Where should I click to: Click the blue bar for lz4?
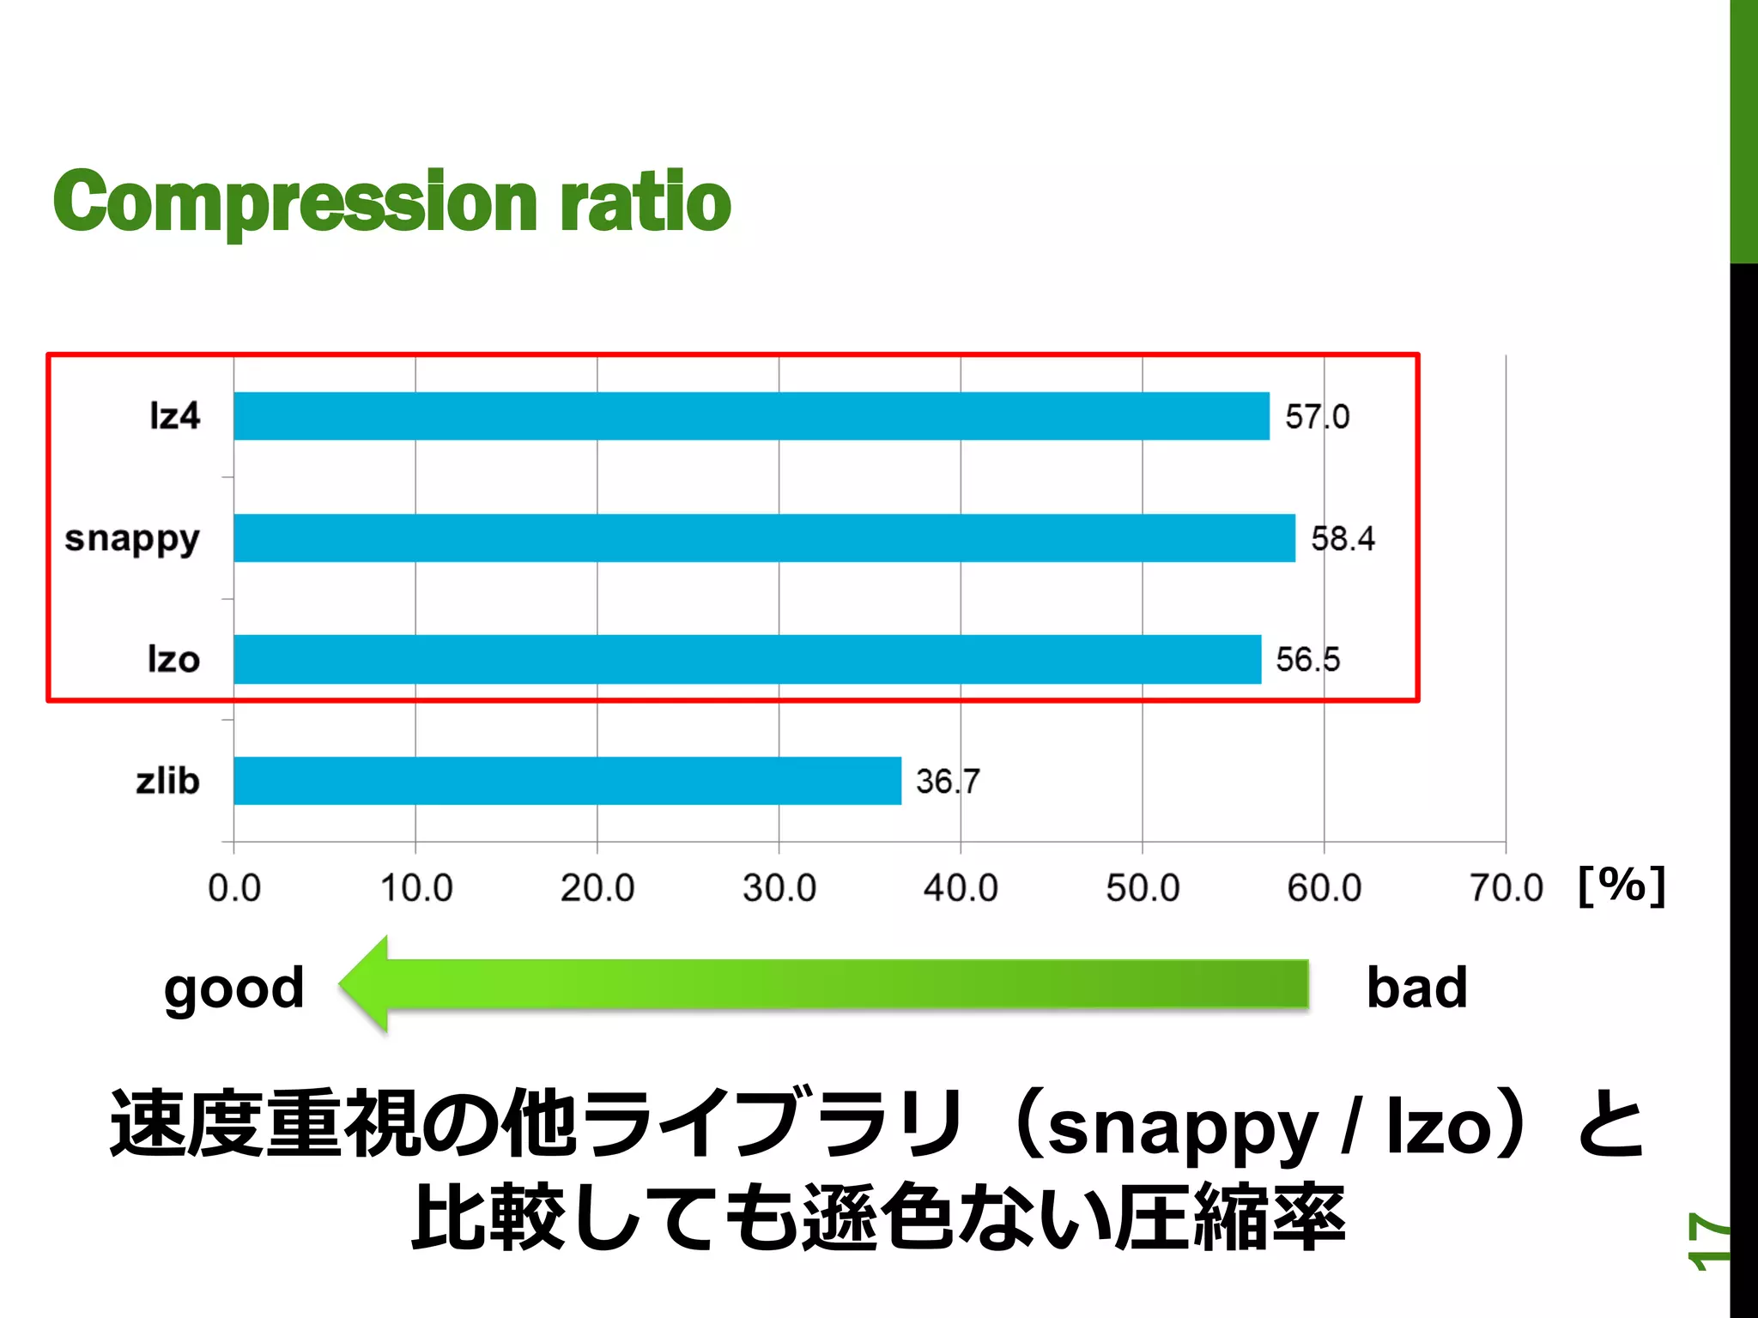(x=751, y=416)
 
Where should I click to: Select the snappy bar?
(x=764, y=538)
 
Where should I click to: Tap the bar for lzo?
(x=747, y=659)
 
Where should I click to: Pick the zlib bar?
(x=567, y=781)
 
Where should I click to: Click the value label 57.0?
(x=1317, y=417)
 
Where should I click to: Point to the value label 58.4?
(x=1343, y=539)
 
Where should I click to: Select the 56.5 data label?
(x=1307, y=660)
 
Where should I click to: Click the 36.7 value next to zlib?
(x=947, y=782)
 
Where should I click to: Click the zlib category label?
(x=167, y=781)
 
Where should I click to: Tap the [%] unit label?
(x=1622, y=885)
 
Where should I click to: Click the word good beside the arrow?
(x=233, y=989)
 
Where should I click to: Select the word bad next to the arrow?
(x=1416, y=988)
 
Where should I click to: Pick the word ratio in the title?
(x=645, y=203)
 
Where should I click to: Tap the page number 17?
(x=1707, y=1240)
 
